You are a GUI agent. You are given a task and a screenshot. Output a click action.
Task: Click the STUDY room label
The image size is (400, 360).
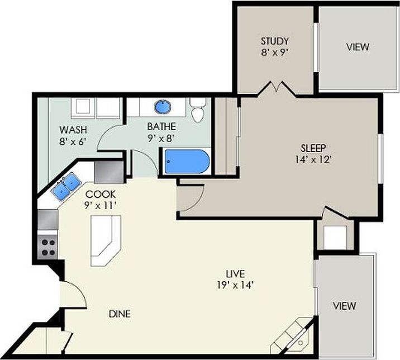click(x=274, y=41)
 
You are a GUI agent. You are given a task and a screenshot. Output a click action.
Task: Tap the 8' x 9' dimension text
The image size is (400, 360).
click(x=274, y=54)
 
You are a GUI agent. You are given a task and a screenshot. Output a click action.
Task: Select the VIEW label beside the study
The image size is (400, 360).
click(x=357, y=47)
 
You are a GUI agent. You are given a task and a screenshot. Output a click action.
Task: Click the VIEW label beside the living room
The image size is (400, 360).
click(x=344, y=306)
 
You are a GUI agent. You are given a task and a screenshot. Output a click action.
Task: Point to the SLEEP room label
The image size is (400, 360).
click(x=313, y=148)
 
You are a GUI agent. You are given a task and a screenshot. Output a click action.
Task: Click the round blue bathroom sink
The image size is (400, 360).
click(x=162, y=106)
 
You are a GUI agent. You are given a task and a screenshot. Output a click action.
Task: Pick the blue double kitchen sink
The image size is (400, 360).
click(x=65, y=186)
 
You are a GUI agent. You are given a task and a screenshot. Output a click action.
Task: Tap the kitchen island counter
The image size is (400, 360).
click(x=106, y=240)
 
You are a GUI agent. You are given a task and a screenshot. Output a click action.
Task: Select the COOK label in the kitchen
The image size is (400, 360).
click(x=101, y=194)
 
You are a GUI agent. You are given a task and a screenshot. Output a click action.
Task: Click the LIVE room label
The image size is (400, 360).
click(x=236, y=273)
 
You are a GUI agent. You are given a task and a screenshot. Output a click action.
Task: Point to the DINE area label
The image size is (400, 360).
click(x=120, y=314)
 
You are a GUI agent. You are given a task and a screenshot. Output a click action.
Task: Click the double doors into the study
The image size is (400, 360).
click(x=276, y=89)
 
